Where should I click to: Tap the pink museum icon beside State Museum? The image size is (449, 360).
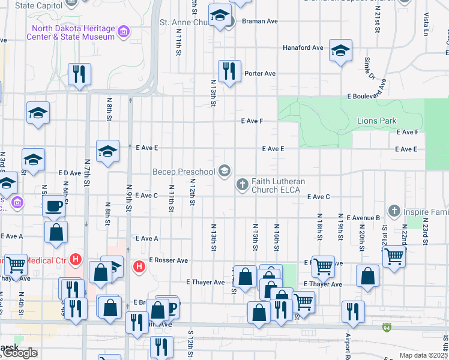(x=124, y=32)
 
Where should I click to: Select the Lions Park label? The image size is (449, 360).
(x=376, y=121)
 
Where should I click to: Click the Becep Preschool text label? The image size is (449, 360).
(x=184, y=172)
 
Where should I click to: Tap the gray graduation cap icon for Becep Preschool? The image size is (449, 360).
(x=224, y=172)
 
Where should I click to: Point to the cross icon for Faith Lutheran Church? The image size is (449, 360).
(x=242, y=184)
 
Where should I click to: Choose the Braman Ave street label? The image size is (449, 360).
(x=260, y=21)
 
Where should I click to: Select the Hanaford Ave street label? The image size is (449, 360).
(x=303, y=47)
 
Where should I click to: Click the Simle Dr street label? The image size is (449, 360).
(x=369, y=70)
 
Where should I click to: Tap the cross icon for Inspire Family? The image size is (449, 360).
(x=394, y=211)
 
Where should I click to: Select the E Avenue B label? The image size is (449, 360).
(x=360, y=218)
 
